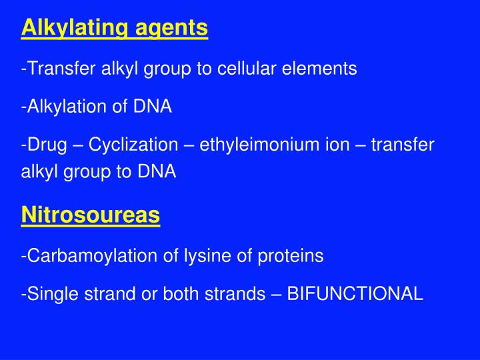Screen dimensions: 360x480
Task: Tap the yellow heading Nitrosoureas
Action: (91, 215)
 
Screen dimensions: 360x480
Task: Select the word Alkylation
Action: (60, 107)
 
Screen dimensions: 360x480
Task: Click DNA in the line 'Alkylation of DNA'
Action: (153, 107)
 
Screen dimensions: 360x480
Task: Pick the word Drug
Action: (47, 145)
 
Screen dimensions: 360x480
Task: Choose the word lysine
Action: (205, 255)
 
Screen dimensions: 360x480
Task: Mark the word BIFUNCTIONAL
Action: (355, 294)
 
